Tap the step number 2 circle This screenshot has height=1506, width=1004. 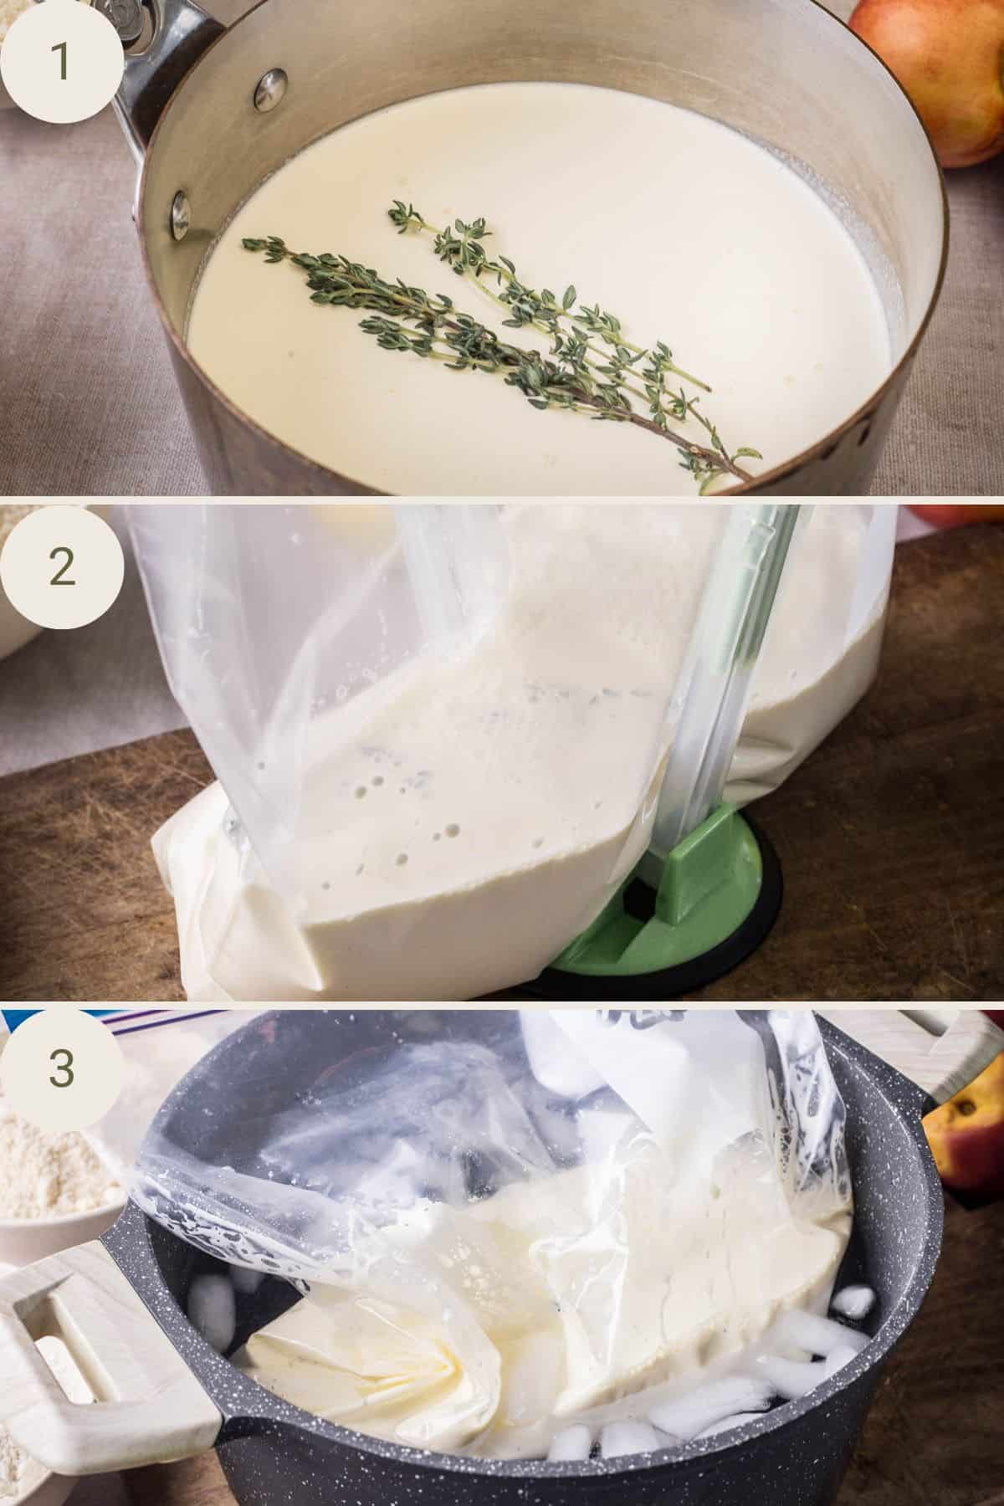click(60, 566)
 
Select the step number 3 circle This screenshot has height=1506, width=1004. click(60, 1068)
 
